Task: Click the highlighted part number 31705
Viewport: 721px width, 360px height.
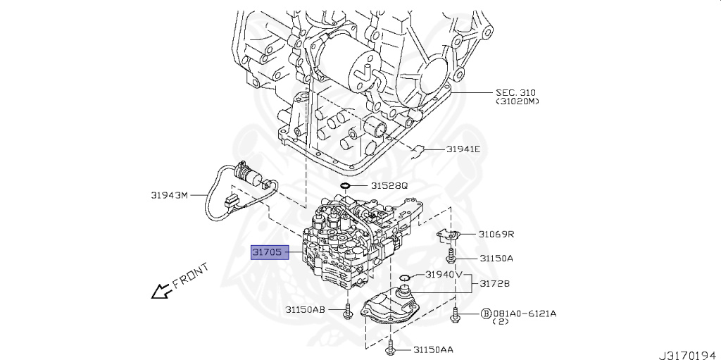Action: (271, 251)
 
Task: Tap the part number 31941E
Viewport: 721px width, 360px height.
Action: (463, 149)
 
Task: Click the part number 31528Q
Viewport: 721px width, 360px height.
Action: (389, 186)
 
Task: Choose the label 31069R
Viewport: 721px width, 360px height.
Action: (496, 234)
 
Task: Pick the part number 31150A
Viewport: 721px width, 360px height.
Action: (496, 259)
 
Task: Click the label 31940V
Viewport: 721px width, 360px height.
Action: (444, 275)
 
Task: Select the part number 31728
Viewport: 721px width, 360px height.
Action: (495, 284)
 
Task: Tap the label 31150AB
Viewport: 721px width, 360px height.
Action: (306, 309)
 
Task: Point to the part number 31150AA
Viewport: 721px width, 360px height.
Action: (433, 349)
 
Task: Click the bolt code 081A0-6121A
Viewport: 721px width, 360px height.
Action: (524, 313)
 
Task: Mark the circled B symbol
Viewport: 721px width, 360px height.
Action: (485, 313)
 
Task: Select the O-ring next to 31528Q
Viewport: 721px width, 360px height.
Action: (345, 187)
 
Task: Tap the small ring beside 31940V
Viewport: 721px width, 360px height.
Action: (404, 278)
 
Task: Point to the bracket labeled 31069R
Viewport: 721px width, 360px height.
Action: (449, 235)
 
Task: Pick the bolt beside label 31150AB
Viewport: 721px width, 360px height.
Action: (348, 311)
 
